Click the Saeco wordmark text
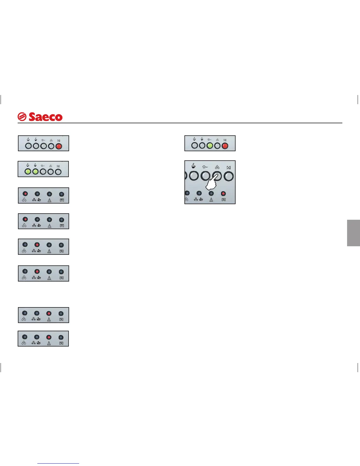pos(46,117)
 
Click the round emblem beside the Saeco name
pos(22,117)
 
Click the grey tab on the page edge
pos(353,233)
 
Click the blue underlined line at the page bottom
pos(58,464)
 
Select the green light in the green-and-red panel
pos(210,145)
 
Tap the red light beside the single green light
pos(225,145)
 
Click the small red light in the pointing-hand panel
pos(223,194)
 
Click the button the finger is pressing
pos(217,176)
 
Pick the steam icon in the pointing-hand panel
pos(205,167)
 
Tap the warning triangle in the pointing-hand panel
pos(211,199)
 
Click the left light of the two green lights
pos(28,171)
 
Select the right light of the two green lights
pos(35,171)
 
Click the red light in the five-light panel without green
pos(59,146)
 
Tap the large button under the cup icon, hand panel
pos(194,176)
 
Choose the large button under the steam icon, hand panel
pos(205,176)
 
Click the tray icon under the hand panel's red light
pos(224,199)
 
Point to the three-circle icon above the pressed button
pos(217,167)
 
